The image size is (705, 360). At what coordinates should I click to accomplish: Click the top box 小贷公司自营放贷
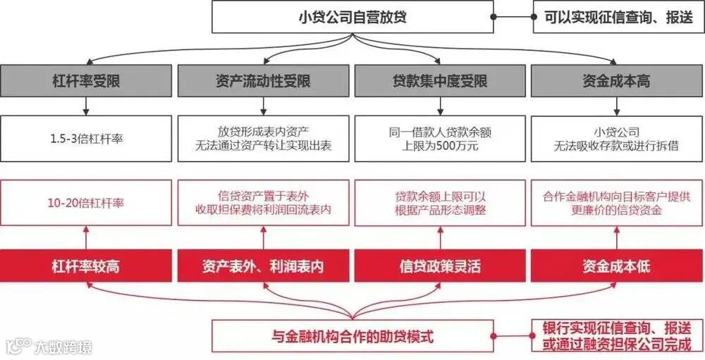352,17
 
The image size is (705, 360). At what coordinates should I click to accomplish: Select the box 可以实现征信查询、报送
618,17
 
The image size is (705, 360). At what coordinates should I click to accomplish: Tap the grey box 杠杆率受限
86,81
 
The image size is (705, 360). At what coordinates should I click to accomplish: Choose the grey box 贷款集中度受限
440,81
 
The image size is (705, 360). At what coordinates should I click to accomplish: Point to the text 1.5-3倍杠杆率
86,138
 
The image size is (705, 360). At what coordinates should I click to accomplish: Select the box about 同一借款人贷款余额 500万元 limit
440,138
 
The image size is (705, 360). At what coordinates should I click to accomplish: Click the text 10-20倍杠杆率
86,203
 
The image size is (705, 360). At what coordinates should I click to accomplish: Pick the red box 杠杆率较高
86,267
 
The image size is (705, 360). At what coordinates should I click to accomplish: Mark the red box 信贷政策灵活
440,267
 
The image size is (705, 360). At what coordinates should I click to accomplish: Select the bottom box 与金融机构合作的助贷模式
352,335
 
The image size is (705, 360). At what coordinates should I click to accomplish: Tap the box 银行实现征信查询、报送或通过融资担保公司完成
618,335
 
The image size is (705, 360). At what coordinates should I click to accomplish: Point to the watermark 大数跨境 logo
49,347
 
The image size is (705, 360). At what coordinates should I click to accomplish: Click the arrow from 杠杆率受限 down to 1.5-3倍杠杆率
86,106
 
